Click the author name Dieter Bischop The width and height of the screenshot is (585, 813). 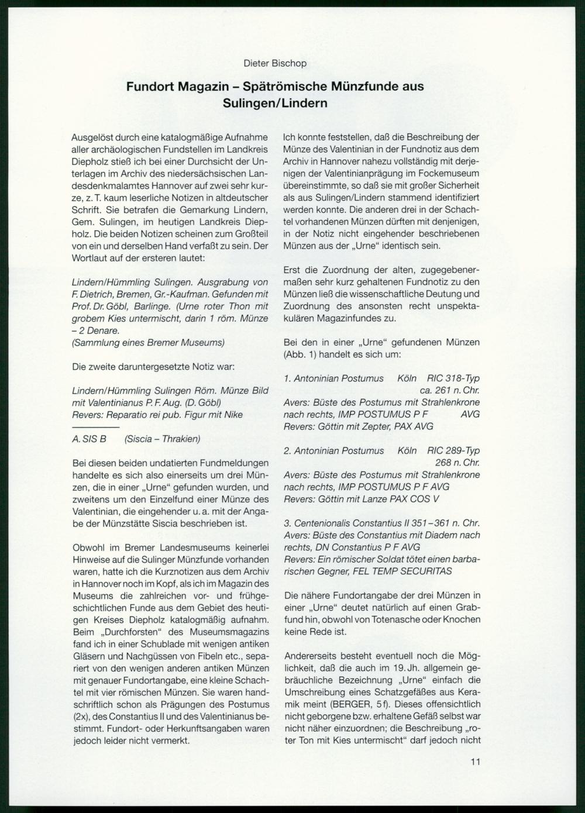[275, 63]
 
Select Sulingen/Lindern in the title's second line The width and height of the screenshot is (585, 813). [275, 103]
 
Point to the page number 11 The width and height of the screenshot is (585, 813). [474, 762]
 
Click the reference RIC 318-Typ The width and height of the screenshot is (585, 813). [453, 378]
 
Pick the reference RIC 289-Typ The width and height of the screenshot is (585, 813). [453, 450]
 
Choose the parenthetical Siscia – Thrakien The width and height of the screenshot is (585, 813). [162, 439]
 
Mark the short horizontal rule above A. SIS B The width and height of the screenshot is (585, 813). [91, 428]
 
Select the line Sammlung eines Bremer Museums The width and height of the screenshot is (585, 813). [148, 343]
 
